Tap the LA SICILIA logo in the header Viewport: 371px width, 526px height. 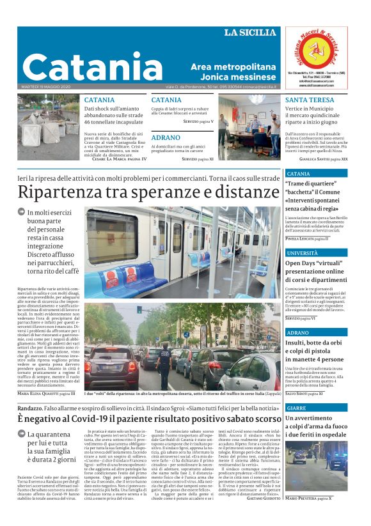click(251, 33)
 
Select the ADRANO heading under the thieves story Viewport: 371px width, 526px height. click(166, 137)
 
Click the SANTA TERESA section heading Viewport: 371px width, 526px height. click(310, 100)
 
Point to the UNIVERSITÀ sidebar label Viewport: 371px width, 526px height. click(302, 253)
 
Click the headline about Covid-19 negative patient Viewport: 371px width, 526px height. click(149, 419)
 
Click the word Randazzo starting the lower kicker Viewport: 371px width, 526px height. click(30, 408)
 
